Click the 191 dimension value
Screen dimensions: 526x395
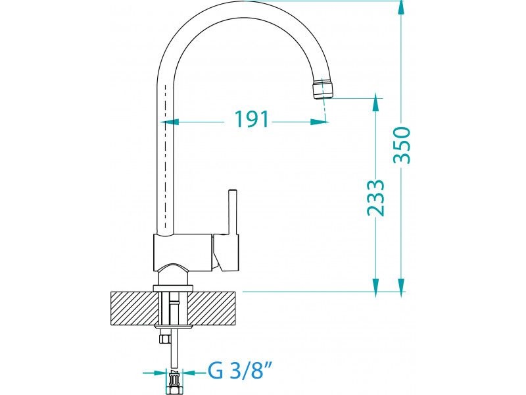tap(252, 119)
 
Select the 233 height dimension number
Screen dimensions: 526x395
tap(375, 198)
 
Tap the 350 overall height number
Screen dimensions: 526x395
tap(402, 145)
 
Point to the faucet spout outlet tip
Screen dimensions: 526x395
tap(323, 89)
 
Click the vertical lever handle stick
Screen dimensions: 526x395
tap(232, 212)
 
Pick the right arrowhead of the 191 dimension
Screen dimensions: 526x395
tap(319, 122)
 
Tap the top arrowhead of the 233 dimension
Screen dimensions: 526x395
tap(375, 102)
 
